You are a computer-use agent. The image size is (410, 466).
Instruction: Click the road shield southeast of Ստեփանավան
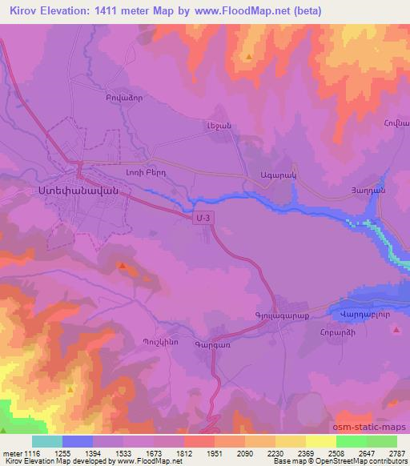pos(207,216)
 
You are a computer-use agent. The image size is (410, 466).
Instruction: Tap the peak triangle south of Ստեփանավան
pos(122,265)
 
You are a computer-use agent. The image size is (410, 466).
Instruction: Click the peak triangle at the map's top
pos(249,57)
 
